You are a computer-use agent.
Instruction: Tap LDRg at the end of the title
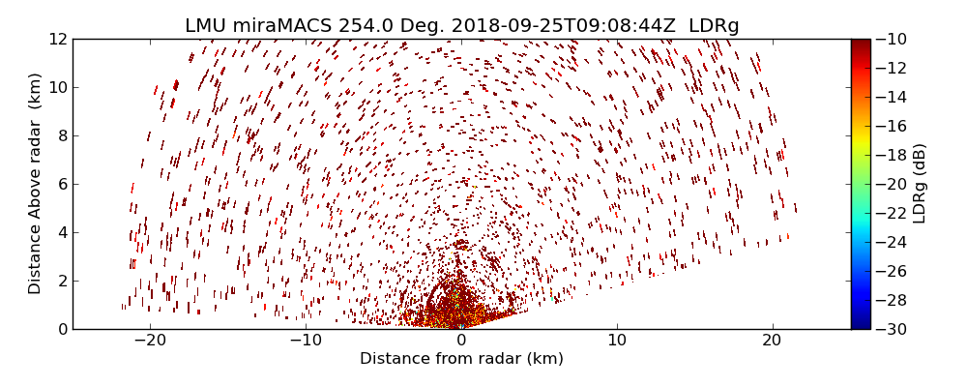pos(714,26)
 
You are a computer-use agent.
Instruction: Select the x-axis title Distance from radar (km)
pos(461,359)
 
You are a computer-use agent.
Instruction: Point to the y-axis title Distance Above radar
pos(35,184)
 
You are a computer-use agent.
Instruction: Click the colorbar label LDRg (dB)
pos(920,184)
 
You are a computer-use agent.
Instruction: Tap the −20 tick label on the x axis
pos(150,341)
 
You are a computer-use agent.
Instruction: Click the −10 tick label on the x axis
pos(306,341)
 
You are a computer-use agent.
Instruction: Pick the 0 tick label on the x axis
pos(461,341)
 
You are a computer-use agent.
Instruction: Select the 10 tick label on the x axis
pos(617,341)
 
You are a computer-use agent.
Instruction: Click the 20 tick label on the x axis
pos(772,341)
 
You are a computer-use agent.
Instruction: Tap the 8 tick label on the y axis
pos(61,135)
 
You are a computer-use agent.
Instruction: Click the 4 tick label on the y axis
pos(61,232)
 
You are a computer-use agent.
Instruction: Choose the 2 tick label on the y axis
pos(61,281)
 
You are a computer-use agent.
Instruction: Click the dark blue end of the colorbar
pos(861,324)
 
